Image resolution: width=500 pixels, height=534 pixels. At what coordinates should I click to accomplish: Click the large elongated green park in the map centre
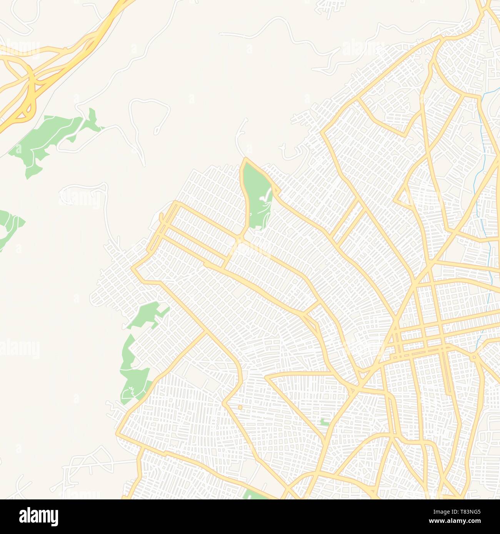[257, 196]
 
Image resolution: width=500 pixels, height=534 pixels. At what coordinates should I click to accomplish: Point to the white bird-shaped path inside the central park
[265, 198]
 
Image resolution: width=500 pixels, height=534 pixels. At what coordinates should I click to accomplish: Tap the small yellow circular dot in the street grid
[240, 407]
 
